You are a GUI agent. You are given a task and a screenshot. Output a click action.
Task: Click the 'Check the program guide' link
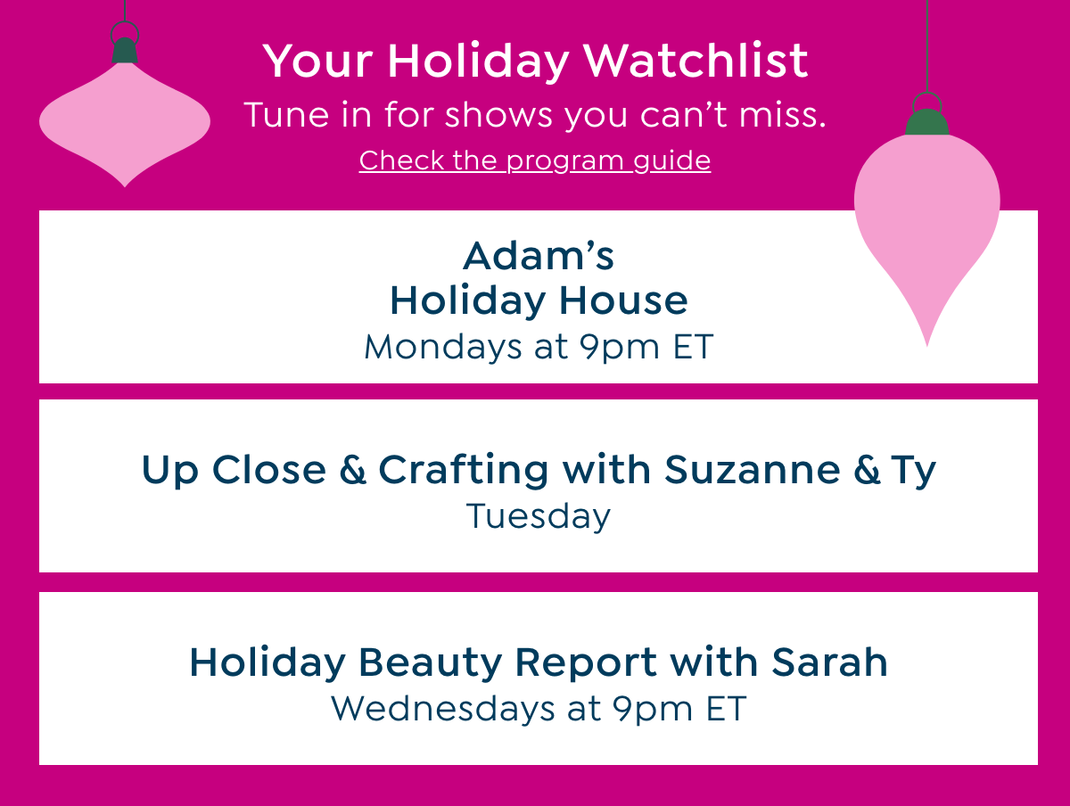point(535,160)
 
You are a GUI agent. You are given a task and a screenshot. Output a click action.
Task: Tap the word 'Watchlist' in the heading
point(695,61)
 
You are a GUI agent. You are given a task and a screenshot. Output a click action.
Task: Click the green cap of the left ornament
point(125,51)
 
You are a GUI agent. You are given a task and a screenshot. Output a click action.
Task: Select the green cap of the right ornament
point(927,123)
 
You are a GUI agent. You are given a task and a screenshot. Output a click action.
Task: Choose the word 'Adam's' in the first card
point(539,257)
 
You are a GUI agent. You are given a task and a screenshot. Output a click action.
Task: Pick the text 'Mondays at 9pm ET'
point(539,347)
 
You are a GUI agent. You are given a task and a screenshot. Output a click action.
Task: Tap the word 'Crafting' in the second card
point(463,470)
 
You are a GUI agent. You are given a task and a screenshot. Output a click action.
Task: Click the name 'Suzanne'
point(752,470)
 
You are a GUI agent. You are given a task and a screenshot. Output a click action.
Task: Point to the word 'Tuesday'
point(539,516)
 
